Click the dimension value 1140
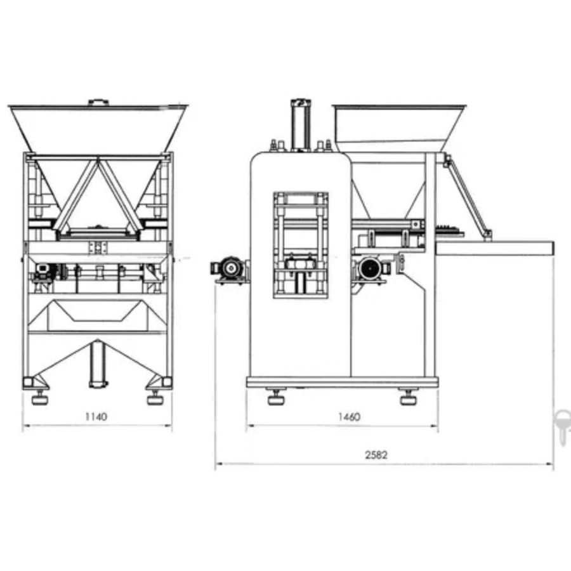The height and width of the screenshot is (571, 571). [x=96, y=416]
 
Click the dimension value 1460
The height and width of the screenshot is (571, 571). [x=349, y=416]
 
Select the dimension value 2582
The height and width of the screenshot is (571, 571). [x=376, y=455]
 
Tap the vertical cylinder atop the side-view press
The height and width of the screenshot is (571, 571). [x=301, y=124]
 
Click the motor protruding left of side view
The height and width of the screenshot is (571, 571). [x=229, y=270]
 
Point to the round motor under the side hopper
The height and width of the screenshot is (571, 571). [x=371, y=270]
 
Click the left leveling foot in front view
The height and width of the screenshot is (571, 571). [x=39, y=397]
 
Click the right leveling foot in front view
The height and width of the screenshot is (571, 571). [x=155, y=397]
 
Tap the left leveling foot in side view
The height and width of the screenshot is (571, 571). [x=277, y=397]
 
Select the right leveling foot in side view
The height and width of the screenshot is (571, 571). [x=408, y=397]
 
